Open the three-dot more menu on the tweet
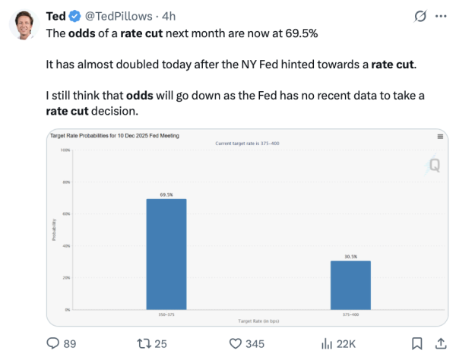click(x=440, y=16)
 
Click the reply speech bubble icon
click(x=54, y=343)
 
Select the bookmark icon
click(x=416, y=343)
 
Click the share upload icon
click(x=440, y=343)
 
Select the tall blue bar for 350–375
click(x=166, y=254)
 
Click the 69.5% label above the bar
click(x=166, y=194)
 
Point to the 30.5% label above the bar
click(x=350, y=256)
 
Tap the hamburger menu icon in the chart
click(x=440, y=136)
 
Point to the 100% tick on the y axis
click(x=65, y=150)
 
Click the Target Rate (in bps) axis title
click(x=258, y=321)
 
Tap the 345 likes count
click(x=255, y=344)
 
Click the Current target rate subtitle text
click(x=247, y=143)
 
